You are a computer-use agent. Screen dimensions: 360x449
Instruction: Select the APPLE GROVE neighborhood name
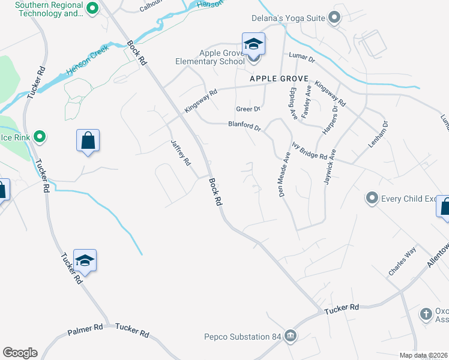tap(279, 79)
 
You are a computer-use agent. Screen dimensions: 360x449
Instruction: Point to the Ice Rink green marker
tap(40, 137)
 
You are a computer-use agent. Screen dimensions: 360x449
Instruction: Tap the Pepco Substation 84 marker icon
tap(291, 335)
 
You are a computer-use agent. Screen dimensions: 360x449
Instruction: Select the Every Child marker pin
tap(372, 197)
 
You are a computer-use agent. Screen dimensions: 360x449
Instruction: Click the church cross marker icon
tap(426, 314)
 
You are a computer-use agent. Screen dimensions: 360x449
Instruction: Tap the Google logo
tap(20, 353)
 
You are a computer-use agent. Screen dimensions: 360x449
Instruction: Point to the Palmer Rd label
tap(85, 329)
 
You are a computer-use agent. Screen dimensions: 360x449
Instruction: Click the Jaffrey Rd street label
tap(181, 153)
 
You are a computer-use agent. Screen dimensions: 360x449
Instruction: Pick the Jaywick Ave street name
tap(331, 167)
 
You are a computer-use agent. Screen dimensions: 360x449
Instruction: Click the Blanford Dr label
tap(245, 127)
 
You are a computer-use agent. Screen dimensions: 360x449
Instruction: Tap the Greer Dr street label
tap(248, 109)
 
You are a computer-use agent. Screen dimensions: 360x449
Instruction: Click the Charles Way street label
tap(402, 263)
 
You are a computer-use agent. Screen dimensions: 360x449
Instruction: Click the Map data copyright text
tap(423, 355)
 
